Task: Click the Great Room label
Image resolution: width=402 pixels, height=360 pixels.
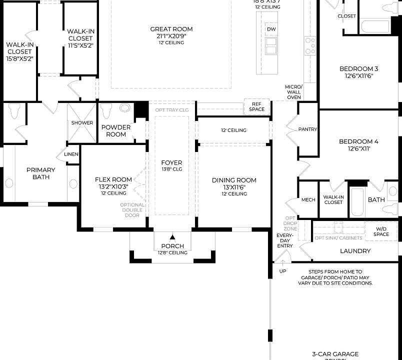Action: tap(171, 29)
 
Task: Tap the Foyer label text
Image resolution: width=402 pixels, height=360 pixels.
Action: tap(171, 163)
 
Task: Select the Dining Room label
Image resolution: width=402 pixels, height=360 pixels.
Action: tap(234, 180)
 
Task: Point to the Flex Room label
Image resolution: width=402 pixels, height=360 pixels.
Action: tap(113, 179)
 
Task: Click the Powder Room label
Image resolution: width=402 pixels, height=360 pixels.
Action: tap(116, 130)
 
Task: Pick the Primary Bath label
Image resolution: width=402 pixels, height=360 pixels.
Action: tap(41, 173)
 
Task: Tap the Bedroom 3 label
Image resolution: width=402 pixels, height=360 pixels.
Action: tap(358, 69)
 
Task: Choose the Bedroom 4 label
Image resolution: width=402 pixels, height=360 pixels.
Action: tap(358, 141)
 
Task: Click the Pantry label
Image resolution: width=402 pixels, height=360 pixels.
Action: tap(307, 129)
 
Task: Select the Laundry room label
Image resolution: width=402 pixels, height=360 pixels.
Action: tap(355, 251)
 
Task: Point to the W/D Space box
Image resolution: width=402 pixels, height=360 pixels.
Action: tap(381, 231)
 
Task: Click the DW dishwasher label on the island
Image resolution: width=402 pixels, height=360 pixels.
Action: tap(271, 29)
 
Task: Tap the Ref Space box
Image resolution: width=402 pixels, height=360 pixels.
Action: tap(256, 106)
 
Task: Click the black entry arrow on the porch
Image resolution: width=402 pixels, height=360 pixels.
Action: tap(172, 237)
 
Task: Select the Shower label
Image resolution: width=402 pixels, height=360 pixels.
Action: tap(82, 123)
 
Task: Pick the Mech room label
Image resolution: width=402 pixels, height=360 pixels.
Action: tap(308, 200)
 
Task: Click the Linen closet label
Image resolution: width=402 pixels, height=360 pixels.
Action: tap(71, 154)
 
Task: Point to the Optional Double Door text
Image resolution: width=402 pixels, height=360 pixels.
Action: tap(132, 210)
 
